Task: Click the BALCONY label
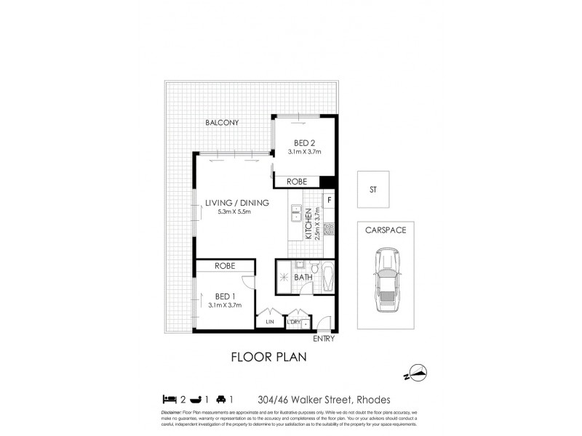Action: pyautogui.click(x=222, y=123)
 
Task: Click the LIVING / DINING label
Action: pyautogui.click(x=237, y=203)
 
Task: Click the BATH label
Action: pyautogui.click(x=303, y=276)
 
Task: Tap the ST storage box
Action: pyautogui.click(x=372, y=190)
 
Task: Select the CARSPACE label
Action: pyautogui.click(x=386, y=230)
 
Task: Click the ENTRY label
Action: pyautogui.click(x=324, y=339)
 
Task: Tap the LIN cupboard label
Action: pyautogui.click(x=268, y=321)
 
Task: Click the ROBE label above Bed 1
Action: pyautogui.click(x=223, y=267)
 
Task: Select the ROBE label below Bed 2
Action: pyautogui.click(x=295, y=181)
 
